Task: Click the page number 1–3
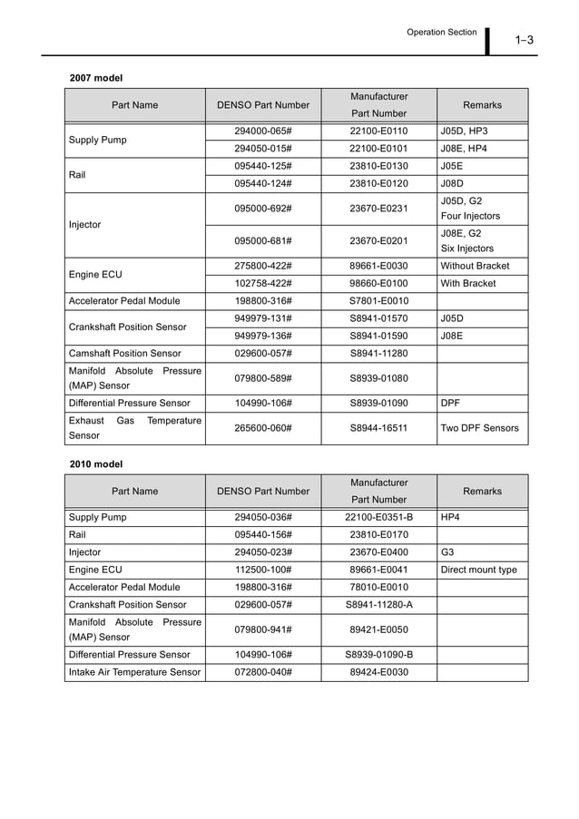point(524,39)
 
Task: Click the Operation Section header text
point(441,32)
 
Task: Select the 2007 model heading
point(96,78)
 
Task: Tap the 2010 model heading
point(96,464)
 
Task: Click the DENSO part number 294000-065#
point(262,132)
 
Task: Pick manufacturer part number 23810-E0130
point(378,166)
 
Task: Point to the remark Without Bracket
point(475,266)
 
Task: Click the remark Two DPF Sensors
point(479,427)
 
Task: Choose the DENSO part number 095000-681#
point(262,240)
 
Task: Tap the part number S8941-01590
point(378,335)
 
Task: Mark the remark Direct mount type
point(478,570)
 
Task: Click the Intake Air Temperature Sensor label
point(134,672)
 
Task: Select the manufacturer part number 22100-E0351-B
point(378,517)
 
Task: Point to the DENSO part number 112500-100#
point(262,570)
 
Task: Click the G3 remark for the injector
point(447,551)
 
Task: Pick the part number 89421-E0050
point(378,629)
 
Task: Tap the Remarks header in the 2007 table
point(482,105)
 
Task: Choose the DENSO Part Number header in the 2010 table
point(262,492)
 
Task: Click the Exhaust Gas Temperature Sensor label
point(134,428)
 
